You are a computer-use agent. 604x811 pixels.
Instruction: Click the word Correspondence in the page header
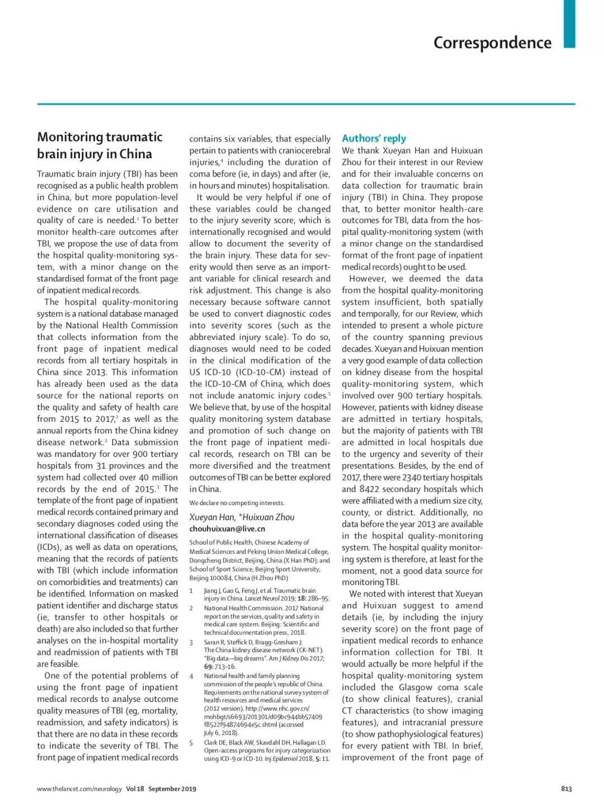[x=492, y=43]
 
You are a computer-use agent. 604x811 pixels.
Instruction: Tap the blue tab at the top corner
[x=569, y=23]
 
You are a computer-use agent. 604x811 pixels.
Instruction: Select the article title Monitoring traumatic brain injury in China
[x=100, y=145]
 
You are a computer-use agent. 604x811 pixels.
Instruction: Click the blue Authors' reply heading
[x=374, y=138]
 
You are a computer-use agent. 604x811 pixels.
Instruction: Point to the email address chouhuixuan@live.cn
[x=227, y=529]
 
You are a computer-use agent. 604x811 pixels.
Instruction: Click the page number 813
[x=566, y=789]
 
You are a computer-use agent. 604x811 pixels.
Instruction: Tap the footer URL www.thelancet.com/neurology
[x=79, y=789]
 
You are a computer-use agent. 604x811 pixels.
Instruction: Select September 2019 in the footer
[x=172, y=789]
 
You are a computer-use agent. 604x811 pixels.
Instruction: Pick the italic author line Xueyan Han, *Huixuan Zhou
[x=242, y=517]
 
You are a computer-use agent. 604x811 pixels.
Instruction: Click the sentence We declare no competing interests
[x=237, y=503]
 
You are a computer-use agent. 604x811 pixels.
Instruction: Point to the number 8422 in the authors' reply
[x=369, y=489]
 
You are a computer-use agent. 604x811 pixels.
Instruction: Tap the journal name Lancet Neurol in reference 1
[x=263, y=598]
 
